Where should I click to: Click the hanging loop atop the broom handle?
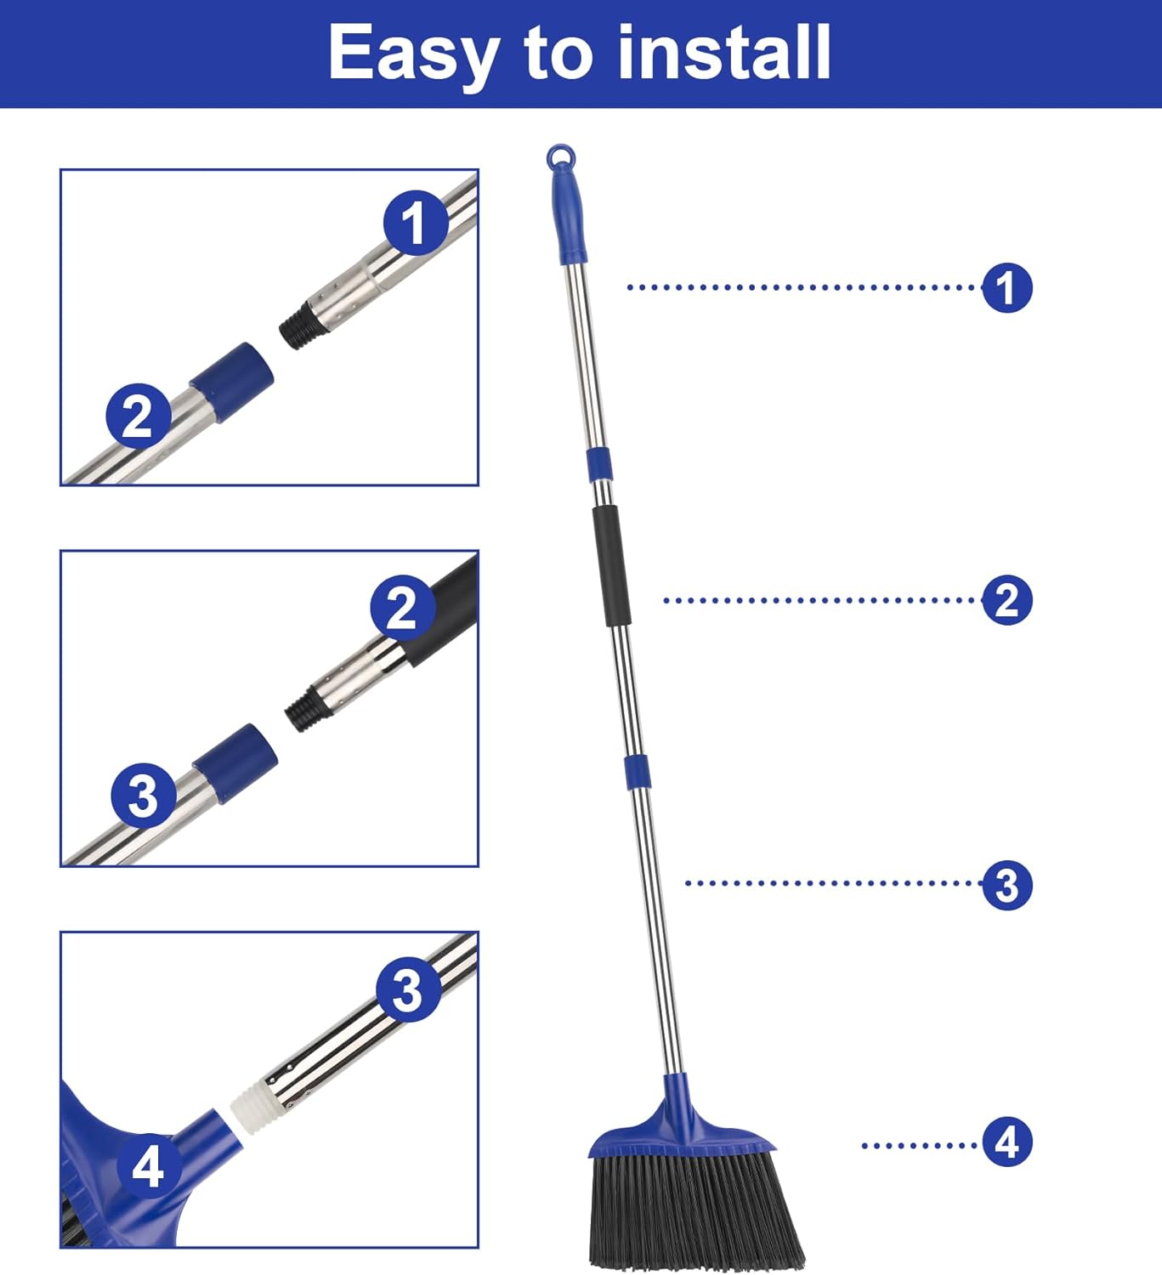[561, 157]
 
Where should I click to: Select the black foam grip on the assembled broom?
[610, 565]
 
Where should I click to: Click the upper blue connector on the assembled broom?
[598, 462]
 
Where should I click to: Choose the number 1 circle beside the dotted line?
[1006, 287]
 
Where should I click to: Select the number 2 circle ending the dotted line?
[1006, 600]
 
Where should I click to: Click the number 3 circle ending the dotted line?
[1006, 885]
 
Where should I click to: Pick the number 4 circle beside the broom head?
[1006, 1142]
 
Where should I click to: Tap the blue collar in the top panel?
[231, 382]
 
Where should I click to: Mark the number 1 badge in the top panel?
[415, 223]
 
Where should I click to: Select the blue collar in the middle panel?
[235, 762]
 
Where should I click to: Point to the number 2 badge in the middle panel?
[402, 608]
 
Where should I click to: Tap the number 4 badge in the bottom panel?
[147, 1165]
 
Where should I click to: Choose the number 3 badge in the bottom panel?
[408, 989]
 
